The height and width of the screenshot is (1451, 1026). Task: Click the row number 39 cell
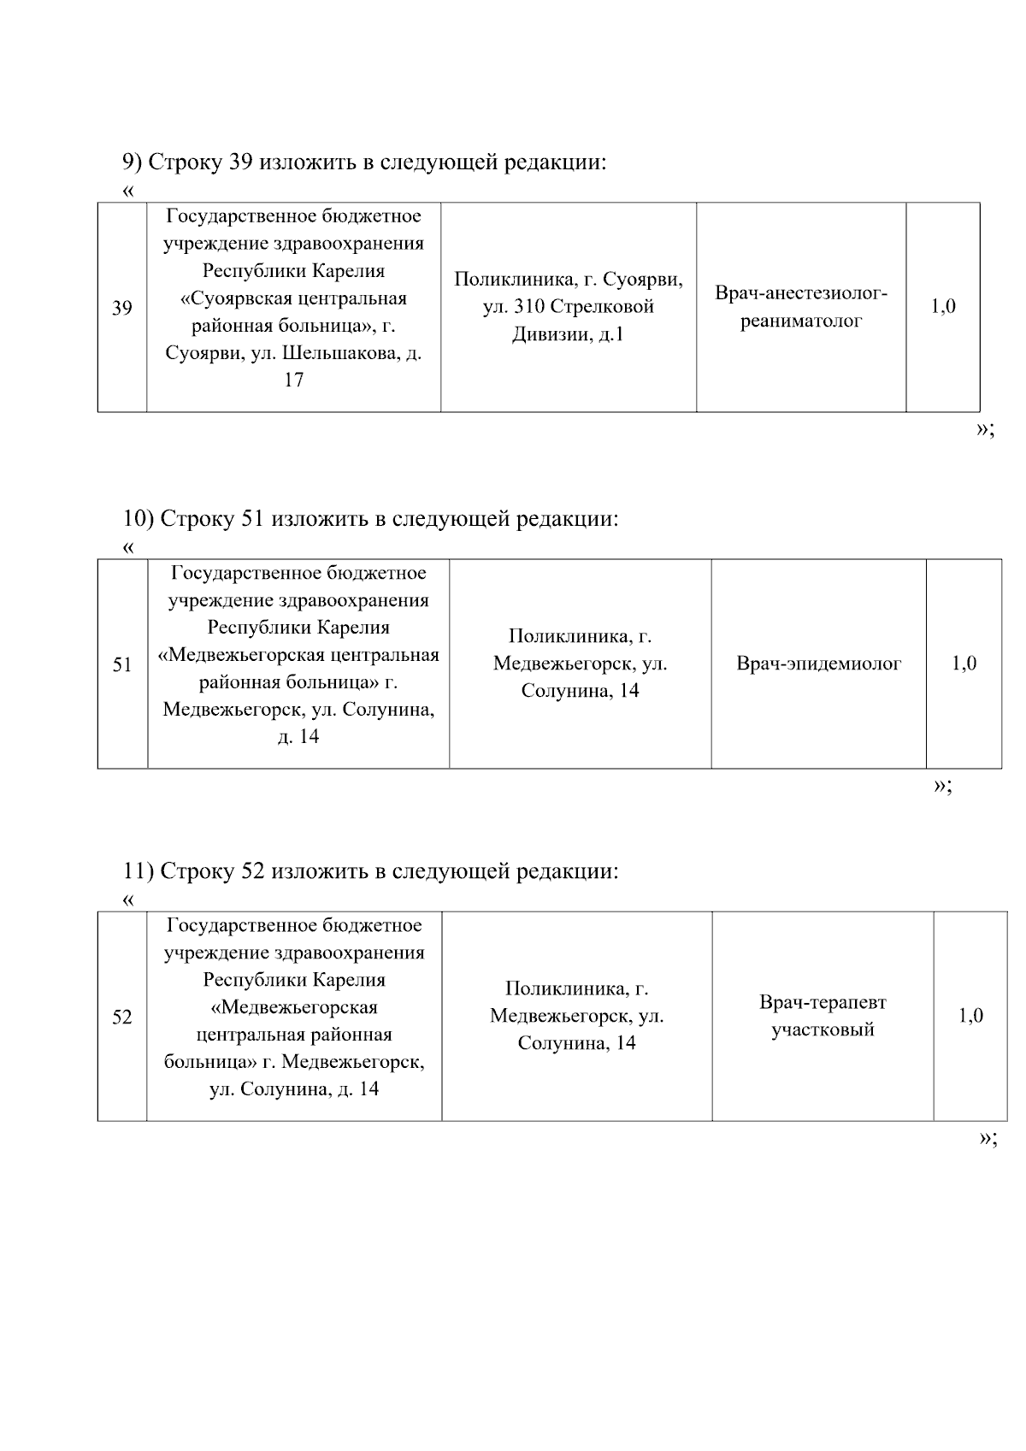(x=122, y=308)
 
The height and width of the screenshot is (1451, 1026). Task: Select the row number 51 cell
(x=122, y=664)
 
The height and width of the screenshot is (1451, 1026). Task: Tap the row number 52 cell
(x=122, y=1017)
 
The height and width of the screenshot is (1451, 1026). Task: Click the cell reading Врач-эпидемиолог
(x=818, y=664)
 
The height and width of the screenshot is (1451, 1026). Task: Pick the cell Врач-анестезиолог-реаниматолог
(x=801, y=308)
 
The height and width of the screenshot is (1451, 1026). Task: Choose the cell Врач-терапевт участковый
(x=823, y=1016)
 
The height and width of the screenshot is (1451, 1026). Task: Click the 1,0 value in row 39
(x=943, y=307)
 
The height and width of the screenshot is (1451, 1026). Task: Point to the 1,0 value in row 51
(x=964, y=664)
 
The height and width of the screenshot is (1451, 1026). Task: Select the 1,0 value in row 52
(x=970, y=1016)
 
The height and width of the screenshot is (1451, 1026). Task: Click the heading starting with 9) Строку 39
(x=363, y=162)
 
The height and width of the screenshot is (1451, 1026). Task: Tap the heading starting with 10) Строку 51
(x=369, y=519)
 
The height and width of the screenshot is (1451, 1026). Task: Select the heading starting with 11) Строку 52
(x=369, y=871)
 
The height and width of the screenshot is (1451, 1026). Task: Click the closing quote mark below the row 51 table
(x=941, y=786)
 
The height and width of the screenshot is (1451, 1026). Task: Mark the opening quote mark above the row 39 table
(x=128, y=191)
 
